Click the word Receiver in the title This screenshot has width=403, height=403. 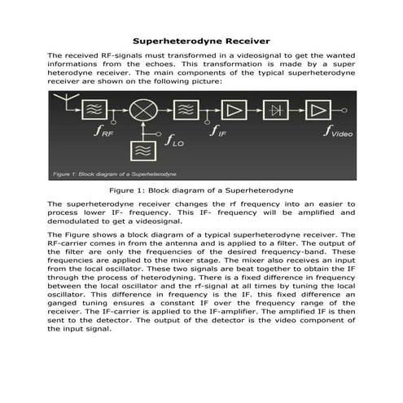coord(241,40)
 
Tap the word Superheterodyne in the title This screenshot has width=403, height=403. coord(172,40)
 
